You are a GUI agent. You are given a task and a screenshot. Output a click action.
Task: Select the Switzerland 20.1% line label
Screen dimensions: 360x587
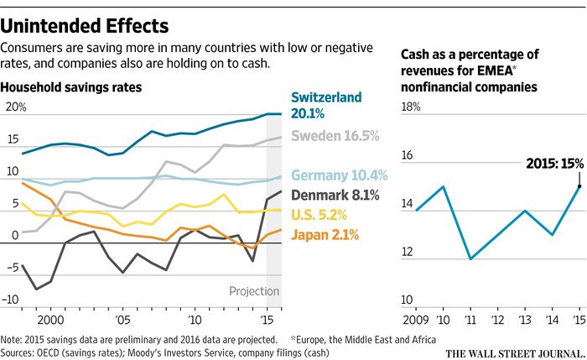pyautogui.click(x=327, y=105)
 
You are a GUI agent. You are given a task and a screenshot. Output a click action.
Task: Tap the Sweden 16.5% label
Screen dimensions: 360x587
pyautogui.click(x=335, y=135)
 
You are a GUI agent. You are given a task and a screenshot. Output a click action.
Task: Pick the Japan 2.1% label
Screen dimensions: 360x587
pyautogui.click(x=325, y=235)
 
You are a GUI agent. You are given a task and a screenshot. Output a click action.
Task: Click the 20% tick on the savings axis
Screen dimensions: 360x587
pyautogui.click(x=17, y=107)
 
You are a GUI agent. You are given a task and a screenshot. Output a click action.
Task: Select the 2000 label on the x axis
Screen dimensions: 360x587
pyautogui.click(x=51, y=320)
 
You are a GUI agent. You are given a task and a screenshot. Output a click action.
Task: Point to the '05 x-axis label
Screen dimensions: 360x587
pyautogui.click(x=122, y=320)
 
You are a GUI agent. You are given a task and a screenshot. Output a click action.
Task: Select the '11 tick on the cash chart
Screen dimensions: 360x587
pyautogui.click(x=471, y=320)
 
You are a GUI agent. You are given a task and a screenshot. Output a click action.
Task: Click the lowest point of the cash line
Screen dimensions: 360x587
pyautogui.click(x=470, y=258)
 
